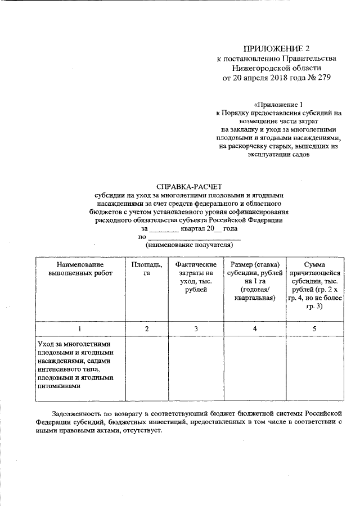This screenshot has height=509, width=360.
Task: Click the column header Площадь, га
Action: click(146, 269)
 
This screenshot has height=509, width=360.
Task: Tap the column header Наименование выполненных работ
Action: click(80, 269)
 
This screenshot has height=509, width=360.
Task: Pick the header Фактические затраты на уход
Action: click(196, 277)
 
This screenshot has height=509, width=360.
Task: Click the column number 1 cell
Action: click(80, 328)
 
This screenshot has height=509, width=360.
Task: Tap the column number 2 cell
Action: click(146, 328)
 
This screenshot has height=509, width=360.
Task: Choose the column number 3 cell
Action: click(196, 328)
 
